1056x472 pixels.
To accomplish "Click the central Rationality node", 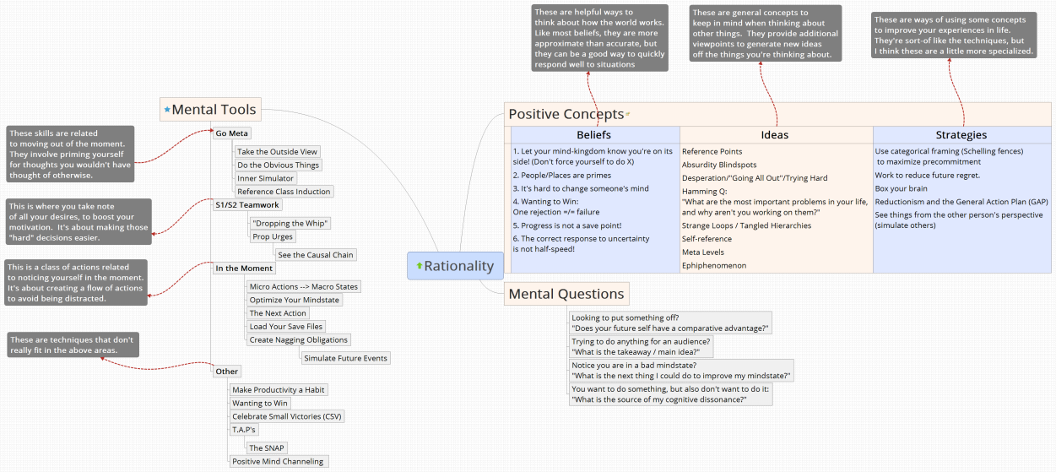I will click(456, 266).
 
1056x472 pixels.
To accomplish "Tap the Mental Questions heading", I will click(566, 294).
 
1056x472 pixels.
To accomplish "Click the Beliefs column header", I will click(594, 135).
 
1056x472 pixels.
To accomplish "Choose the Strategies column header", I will click(961, 135).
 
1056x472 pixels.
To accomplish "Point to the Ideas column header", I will click(775, 135).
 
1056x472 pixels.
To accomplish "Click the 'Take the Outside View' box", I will click(277, 152).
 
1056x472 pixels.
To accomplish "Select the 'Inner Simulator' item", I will click(265, 178).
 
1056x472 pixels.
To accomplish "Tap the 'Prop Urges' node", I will click(273, 236).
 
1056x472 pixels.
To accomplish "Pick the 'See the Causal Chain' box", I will click(316, 255).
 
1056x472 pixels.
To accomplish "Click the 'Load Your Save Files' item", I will click(286, 327).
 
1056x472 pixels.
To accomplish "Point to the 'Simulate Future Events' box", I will click(345, 358).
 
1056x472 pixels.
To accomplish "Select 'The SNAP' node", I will click(267, 448).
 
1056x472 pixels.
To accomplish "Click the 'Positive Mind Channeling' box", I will click(278, 462).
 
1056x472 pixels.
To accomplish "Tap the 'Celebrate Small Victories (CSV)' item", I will click(287, 417).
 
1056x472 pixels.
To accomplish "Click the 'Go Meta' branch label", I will click(231, 133).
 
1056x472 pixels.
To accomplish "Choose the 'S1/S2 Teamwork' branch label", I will click(246, 205).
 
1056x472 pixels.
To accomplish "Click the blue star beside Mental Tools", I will click(167, 110).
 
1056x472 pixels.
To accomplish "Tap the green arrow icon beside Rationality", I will click(419, 266).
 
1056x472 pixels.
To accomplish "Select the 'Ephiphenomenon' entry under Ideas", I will click(713, 266).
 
